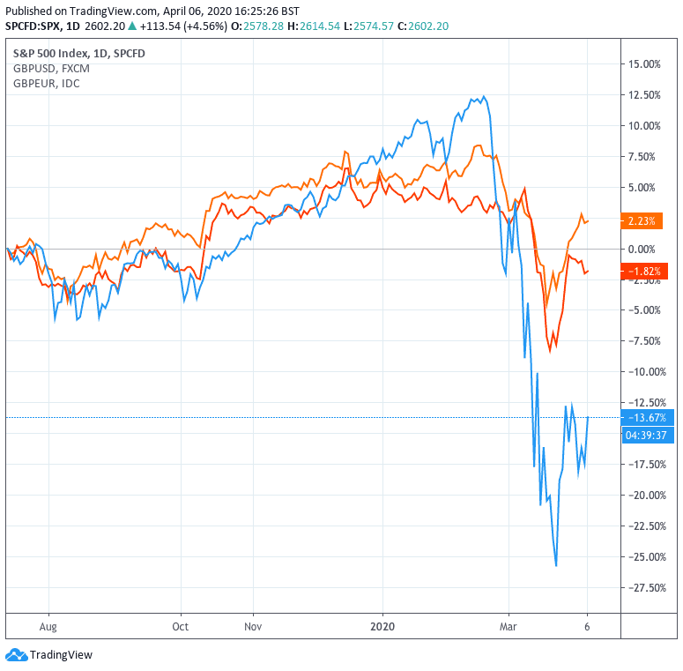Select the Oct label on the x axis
click(x=181, y=627)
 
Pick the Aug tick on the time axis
click(x=48, y=627)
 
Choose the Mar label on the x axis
click(x=508, y=627)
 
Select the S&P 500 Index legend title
click(x=78, y=54)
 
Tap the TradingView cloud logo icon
click(x=16, y=655)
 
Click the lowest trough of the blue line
click(x=556, y=565)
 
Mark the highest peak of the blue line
click(x=482, y=97)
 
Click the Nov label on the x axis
click(x=253, y=627)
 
